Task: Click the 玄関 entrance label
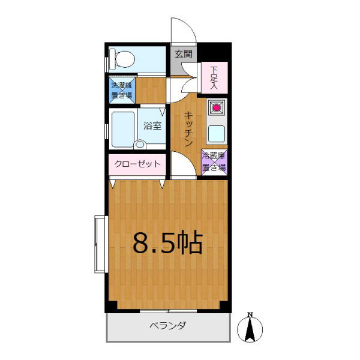click(184, 54)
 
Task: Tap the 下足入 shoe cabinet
click(214, 77)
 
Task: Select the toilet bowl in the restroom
click(125, 59)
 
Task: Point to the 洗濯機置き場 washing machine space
click(122, 91)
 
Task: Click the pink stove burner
click(216, 107)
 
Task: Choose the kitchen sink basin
click(216, 134)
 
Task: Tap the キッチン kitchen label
click(188, 129)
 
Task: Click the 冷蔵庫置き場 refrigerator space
click(214, 163)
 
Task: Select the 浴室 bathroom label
click(152, 126)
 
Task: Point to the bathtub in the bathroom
click(123, 130)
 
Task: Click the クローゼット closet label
click(137, 164)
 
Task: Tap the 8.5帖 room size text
click(168, 243)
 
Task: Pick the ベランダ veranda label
click(168, 325)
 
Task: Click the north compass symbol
click(250, 329)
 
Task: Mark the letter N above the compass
click(250, 314)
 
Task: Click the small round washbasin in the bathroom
click(139, 145)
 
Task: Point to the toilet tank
click(112, 59)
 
